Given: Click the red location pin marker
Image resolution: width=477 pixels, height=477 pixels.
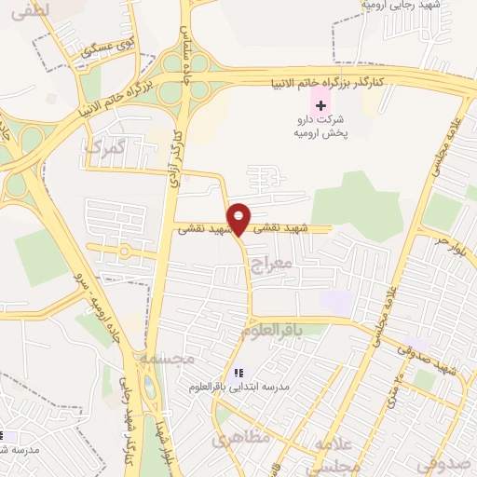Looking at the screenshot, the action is (239, 218).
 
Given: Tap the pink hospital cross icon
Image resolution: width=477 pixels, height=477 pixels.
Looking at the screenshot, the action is (321, 106).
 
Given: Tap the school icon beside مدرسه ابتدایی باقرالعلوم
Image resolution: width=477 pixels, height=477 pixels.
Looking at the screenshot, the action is (238, 373).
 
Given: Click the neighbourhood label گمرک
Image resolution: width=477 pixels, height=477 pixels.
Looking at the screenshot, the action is (103, 146).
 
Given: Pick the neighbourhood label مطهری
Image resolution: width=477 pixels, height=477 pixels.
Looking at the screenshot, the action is (241, 436).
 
